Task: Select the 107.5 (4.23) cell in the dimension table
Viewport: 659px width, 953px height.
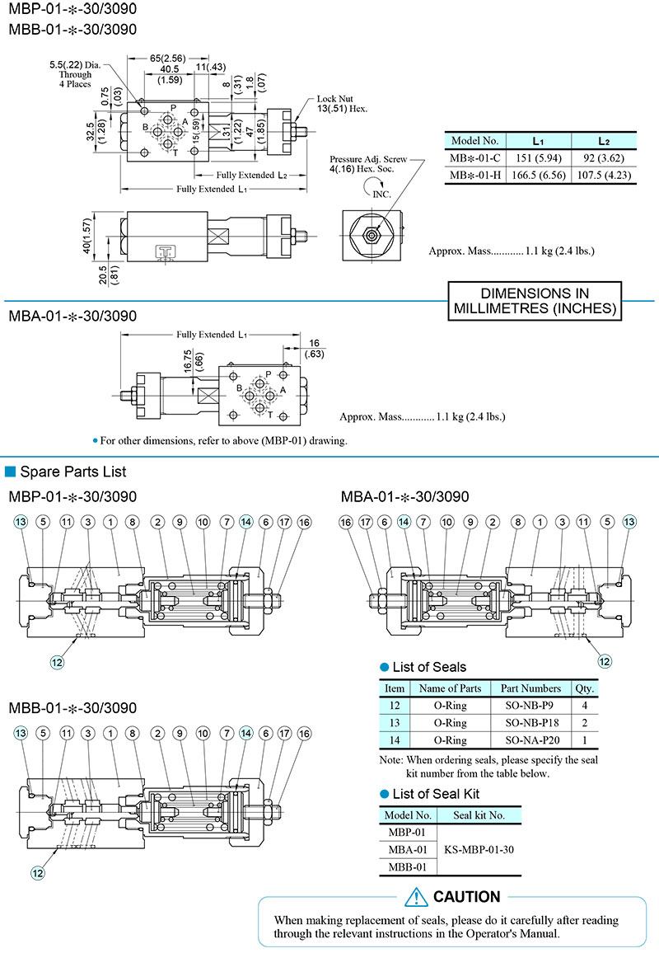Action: pyautogui.click(x=604, y=176)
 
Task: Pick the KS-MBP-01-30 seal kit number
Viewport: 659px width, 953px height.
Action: pyautogui.click(x=479, y=850)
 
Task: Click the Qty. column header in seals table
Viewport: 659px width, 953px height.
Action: pyautogui.click(x=584, y=688)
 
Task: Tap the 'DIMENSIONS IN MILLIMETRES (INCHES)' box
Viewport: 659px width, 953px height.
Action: pyautogui.click(x=535, y=302)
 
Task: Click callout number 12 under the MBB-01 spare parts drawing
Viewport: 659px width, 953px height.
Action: pyautogui.click(x=38, y=872)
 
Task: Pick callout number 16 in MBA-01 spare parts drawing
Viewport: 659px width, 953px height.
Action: pyautogui.click(x=345, y=522)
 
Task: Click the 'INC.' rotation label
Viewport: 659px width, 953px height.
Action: pyautogui.click(x=381, y=195)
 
